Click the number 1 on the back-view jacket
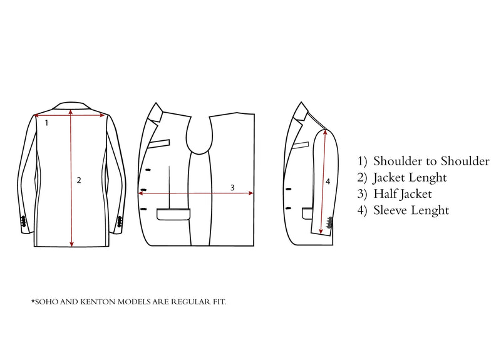(46, 123)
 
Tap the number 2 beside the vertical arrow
(79, 180)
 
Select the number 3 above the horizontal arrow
(232, 188)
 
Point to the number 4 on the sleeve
(328, 182)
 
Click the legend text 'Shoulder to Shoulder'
(431, 161)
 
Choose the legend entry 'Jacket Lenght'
(410, 178)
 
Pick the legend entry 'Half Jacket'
(403, 194)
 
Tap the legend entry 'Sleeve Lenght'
(411, 210)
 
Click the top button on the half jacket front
(148, 170)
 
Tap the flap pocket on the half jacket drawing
(173, 214)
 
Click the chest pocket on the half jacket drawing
(159, 143)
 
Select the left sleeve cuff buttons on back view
(23, 222)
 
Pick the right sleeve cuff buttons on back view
(120, 222)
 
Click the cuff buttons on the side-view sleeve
(329, 223)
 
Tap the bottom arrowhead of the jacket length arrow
(71, 244)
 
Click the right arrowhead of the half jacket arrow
(251, 193)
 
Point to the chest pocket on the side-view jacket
(301, 145)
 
